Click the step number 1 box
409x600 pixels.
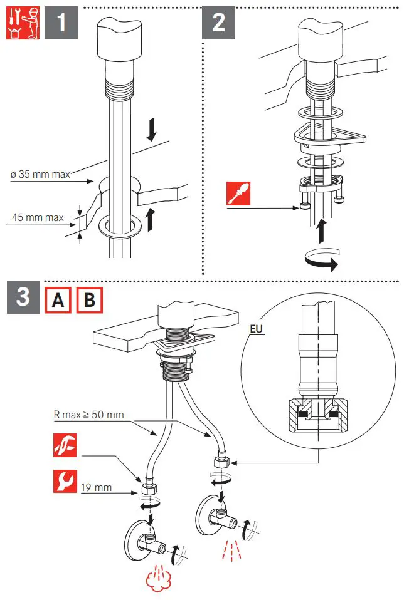click(61, 24)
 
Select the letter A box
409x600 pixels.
click(58, 300)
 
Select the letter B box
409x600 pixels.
click(89, 300)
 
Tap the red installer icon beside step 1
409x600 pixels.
click(19, 24)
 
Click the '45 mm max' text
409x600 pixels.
click(38, 219)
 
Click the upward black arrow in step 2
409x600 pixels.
click(320, 231)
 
